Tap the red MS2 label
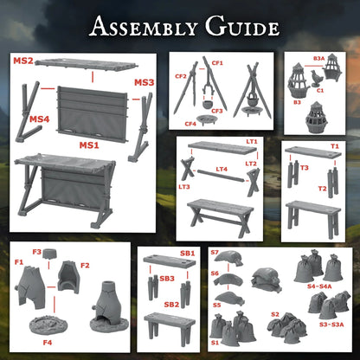pos(22,61)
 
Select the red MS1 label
pos(90,144)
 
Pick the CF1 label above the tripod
pos(217,63)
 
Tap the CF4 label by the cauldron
pos(189,123)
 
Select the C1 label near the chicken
pos(319,89)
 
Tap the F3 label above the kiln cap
pos(36,251)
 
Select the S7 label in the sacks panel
pos(215,252)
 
